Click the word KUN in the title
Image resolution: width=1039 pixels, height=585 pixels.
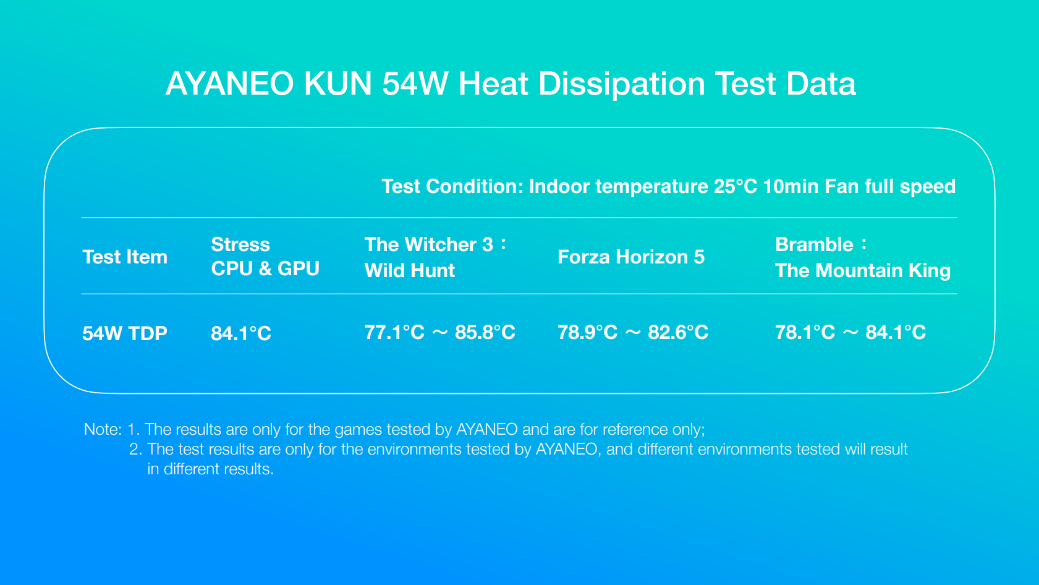[337, 84]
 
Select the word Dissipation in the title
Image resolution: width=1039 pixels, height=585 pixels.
[622, 85]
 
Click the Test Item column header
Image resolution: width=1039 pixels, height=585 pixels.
[125, 257]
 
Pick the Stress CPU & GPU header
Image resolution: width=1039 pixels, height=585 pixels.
[265, 257]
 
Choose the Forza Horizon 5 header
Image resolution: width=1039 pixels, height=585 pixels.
[631, 257]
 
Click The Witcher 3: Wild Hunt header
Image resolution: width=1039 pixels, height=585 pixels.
[436, 257]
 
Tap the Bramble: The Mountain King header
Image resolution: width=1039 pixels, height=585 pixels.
[863, 257]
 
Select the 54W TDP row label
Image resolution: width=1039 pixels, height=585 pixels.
[125, 333]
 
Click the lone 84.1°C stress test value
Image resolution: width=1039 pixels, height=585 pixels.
[240, 333]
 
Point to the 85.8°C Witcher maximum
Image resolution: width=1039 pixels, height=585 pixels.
[485, 332]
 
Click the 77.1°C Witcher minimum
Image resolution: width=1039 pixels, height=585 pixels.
[395, 332]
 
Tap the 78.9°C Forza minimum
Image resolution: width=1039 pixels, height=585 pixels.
[588, 332]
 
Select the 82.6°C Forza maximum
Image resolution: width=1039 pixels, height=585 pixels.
[678, 332]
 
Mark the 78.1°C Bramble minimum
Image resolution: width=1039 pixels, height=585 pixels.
[805, 332]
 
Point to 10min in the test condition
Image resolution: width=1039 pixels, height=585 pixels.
[791, 187]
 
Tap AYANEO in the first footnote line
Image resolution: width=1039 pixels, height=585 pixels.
[487, 430]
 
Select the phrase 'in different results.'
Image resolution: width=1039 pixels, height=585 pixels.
[211, 469]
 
